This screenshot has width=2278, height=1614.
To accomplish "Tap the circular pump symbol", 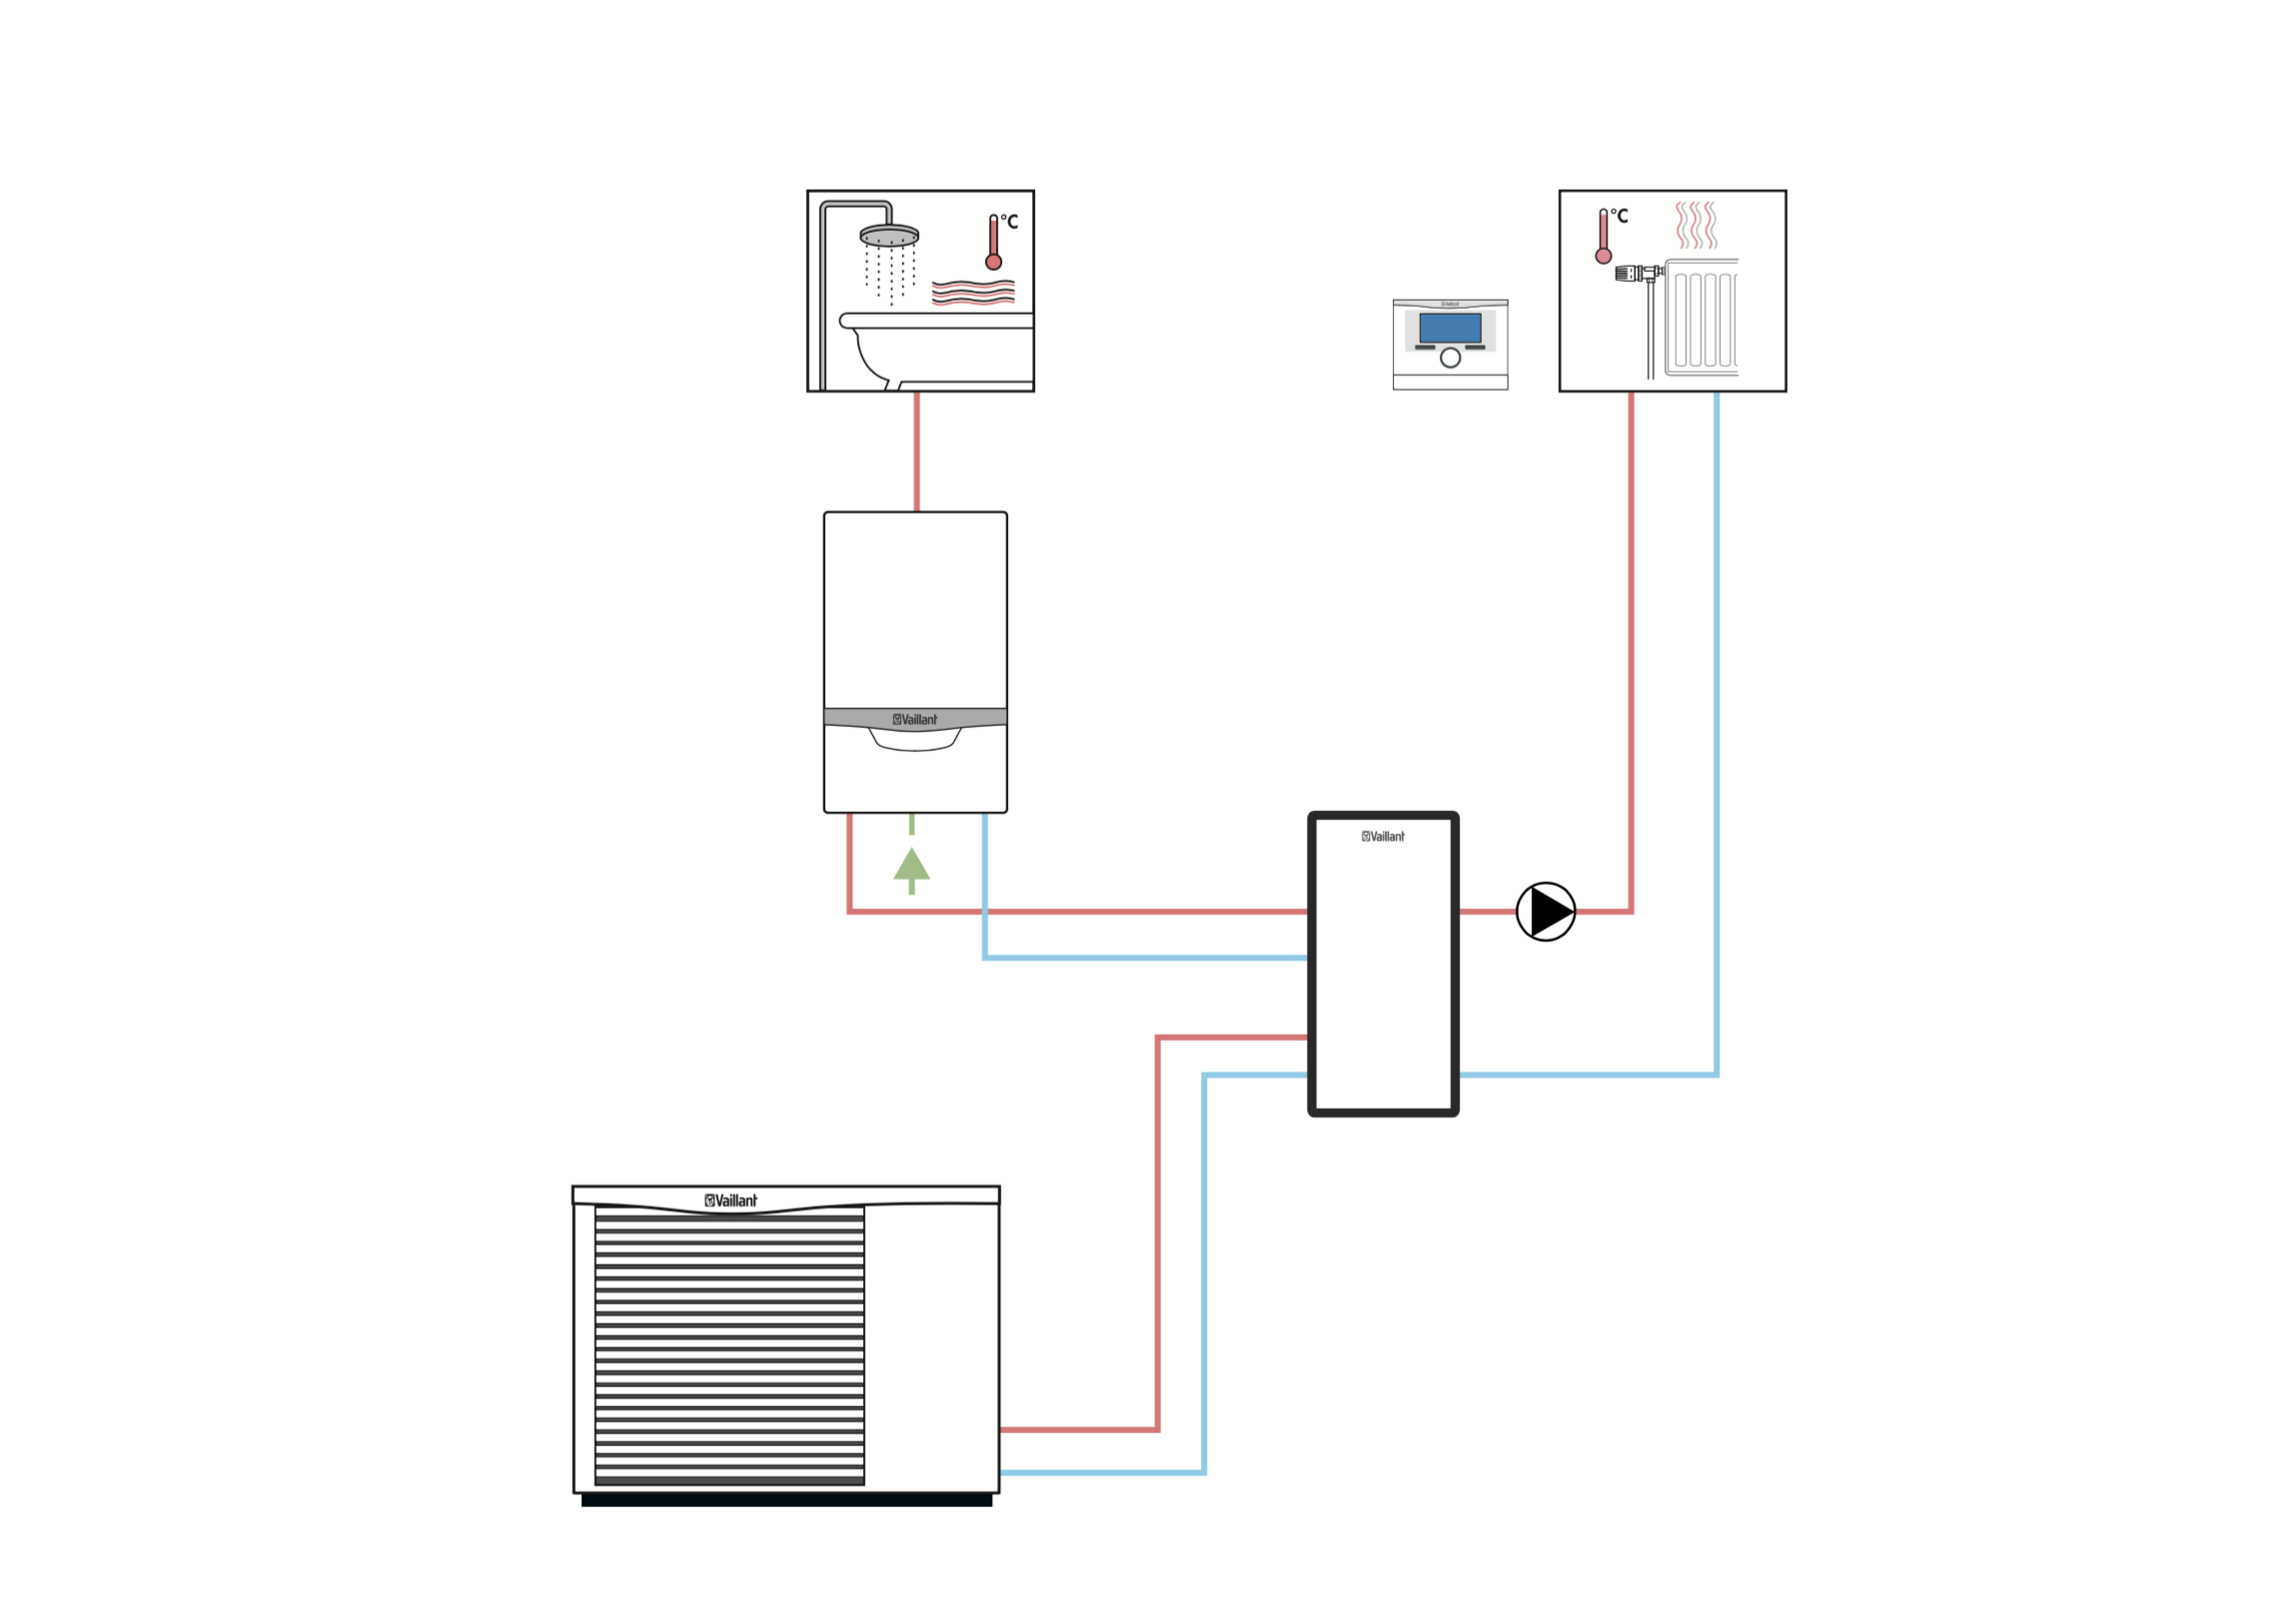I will click(1545, 911).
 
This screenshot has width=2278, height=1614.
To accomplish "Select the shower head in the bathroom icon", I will click(888, 237).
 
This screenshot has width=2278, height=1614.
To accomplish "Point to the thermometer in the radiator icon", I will click(1603, 237).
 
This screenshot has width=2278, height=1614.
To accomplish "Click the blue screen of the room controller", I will click(1450, 328).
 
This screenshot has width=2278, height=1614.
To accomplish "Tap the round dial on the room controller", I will click(1450, 358).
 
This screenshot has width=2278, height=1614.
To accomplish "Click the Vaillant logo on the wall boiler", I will click(915, 719).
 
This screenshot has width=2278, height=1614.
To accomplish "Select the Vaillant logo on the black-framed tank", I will click(1383, 836).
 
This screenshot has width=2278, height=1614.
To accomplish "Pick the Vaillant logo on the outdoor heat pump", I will click(731, 1201).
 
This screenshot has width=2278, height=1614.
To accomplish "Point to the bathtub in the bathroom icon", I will click(939, 350).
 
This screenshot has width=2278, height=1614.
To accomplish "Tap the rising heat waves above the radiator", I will click(1696, 225).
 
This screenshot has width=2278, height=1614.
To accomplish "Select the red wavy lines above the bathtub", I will click(972, 292).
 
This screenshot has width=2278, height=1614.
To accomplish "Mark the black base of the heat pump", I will click(786, 1500).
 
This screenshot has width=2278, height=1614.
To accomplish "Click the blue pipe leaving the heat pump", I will click(1099, 1472).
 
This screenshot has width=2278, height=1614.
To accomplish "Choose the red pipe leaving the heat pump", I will click(1079, 1429).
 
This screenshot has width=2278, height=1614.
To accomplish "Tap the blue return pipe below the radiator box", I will click(1716, 699).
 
